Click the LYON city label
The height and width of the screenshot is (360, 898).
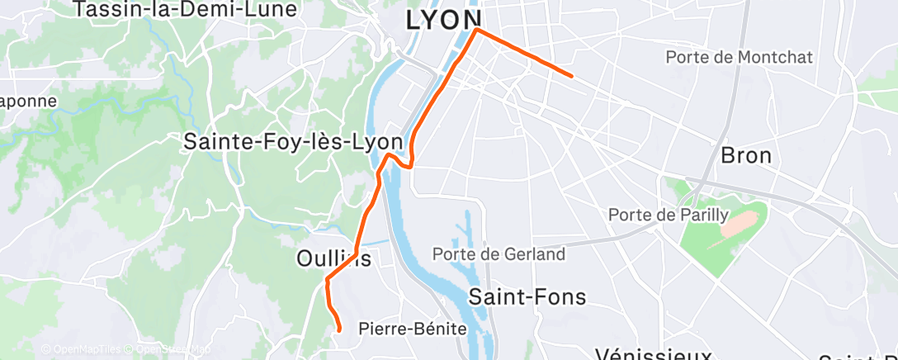click(444, 21)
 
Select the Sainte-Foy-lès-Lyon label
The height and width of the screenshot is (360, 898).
click(293, 142)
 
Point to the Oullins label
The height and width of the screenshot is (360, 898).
click(333, 258)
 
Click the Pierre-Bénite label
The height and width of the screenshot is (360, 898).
click(413, 329)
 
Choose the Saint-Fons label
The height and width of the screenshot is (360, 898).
click(527, 296)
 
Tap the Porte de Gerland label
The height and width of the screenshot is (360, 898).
click(499, 253)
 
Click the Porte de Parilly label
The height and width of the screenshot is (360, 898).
click(669, 215)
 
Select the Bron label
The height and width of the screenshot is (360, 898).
click(745, 155)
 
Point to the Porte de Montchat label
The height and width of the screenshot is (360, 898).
click(740, 57)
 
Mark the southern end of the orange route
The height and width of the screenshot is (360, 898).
click(339, 330)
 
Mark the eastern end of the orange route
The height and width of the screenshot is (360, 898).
click(572, 76)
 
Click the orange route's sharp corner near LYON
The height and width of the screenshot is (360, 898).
click(477, 30)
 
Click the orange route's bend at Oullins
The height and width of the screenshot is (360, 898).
click(328, 279)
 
